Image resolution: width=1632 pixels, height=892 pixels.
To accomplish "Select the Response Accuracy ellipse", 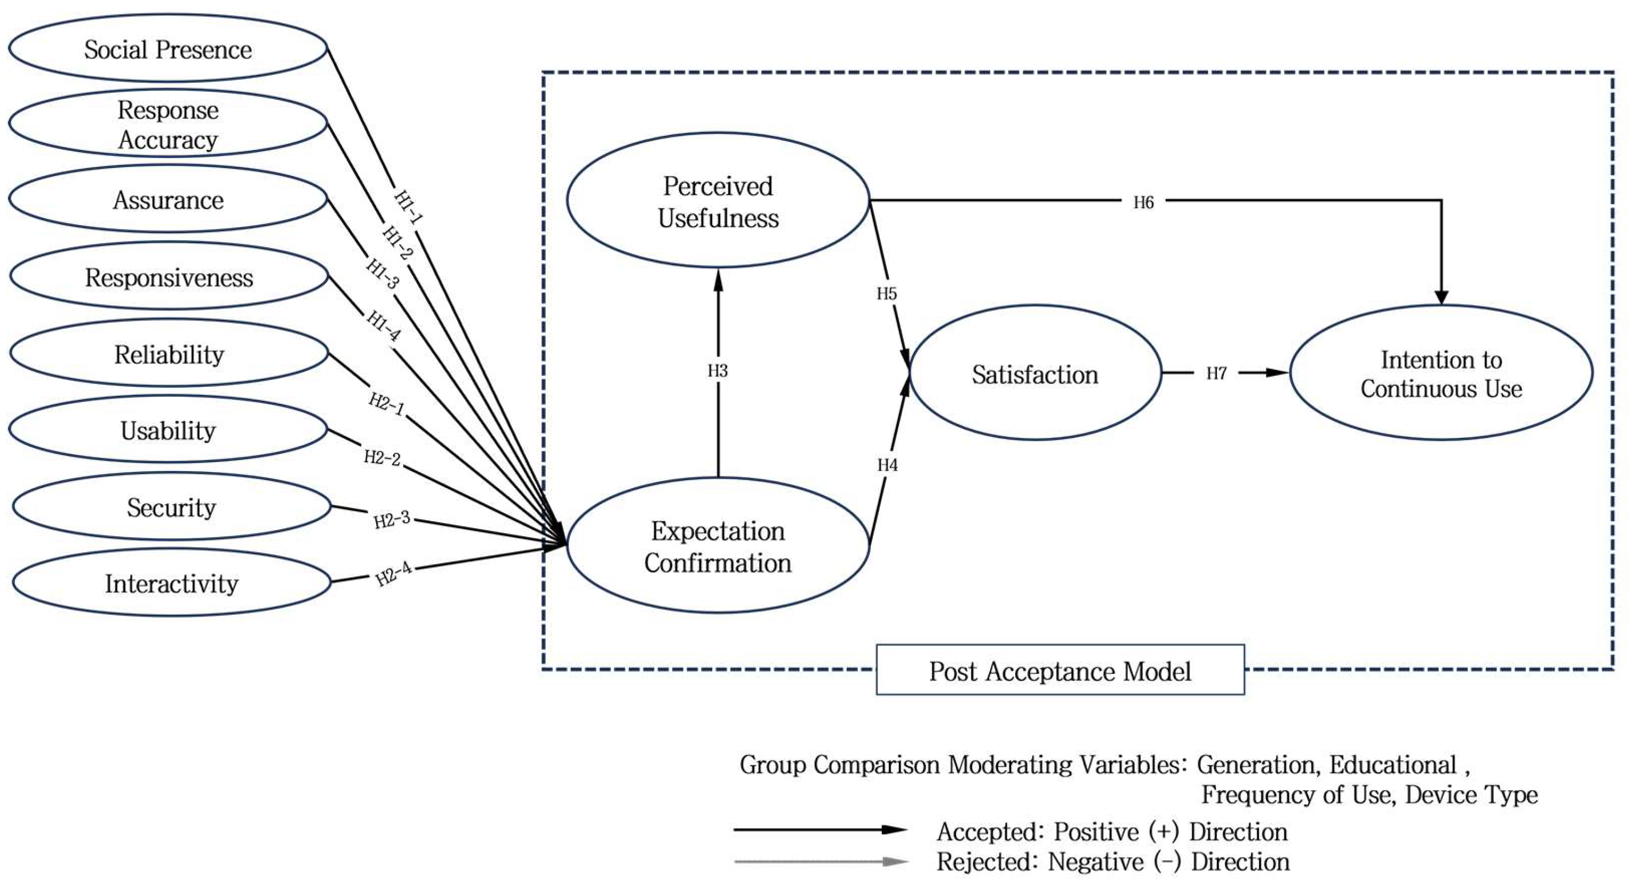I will [x=168, y=125].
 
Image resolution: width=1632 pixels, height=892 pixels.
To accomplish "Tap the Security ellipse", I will [x=171, y=507].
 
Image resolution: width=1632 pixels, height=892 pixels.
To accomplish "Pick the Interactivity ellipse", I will [x=171, y=583].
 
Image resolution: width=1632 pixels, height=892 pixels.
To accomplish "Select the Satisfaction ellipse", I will [x=1035, y=374].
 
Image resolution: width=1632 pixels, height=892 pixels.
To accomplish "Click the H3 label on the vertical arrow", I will [x=718, y=371].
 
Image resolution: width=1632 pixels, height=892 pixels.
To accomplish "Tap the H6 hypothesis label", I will [x=1143, y=202].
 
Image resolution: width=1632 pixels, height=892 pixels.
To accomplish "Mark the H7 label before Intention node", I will [x=1216, y=373].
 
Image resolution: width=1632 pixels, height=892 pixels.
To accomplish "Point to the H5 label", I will [x=886, y=293].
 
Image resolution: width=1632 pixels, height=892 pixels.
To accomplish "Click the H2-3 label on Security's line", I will [x=392, y=520].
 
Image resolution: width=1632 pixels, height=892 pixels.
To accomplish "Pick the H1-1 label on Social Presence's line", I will [x=408, y=206].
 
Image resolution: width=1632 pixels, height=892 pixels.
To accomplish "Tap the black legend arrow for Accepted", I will [x=821, y=829].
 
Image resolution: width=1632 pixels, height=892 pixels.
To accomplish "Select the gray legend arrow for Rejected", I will [x=821, y=862].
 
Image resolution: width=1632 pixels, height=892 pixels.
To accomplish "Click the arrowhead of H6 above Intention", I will [x=1442, y=297].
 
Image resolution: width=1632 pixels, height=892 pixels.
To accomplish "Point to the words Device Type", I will [x=1471, y=794].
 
